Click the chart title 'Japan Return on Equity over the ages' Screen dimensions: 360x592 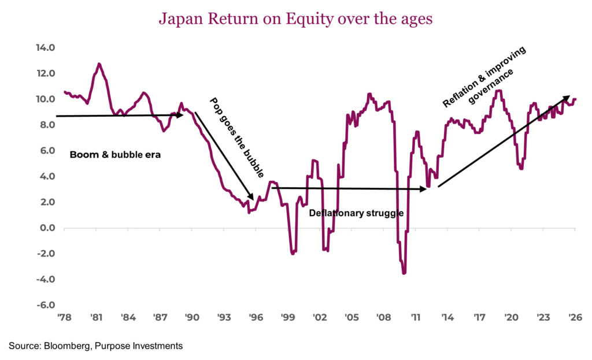295,19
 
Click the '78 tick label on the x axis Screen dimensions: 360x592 64,317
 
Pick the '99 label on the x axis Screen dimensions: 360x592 288,317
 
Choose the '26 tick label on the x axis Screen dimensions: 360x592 575,317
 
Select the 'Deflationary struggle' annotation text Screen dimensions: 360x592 356,213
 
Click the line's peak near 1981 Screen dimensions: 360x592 99,64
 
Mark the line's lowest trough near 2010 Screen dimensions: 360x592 404,273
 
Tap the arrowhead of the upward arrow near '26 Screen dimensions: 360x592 568,98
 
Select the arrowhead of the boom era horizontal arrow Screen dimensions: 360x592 180,115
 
